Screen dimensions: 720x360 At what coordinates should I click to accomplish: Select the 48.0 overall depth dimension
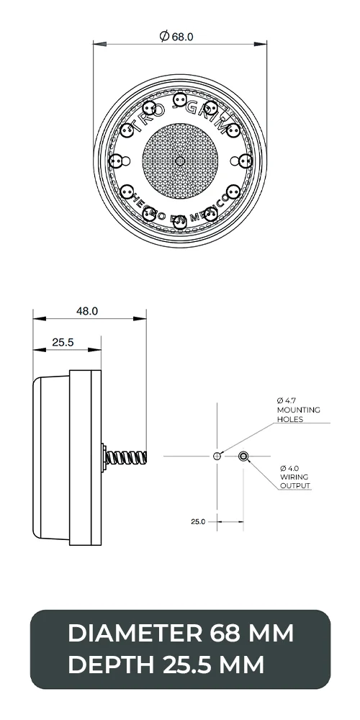click(87, 311)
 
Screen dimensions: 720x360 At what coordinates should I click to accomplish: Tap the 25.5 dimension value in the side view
click(63, 343)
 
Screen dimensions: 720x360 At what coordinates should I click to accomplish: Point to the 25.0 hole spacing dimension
click(199, 521)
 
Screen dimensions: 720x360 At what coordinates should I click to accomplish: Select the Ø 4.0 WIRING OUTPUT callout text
click(295, 477)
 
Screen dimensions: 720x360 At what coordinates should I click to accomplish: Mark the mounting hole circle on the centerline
click(217, 456)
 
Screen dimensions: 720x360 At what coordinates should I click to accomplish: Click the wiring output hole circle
click(243, 456)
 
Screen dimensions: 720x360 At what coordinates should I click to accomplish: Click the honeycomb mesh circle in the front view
click(180, 160)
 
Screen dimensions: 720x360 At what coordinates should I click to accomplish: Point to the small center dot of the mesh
click(180, 160)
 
